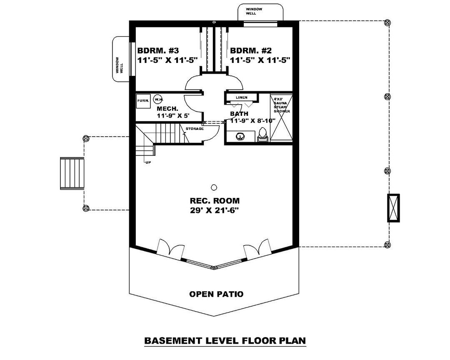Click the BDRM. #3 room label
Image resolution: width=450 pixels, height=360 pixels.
pos(158,51)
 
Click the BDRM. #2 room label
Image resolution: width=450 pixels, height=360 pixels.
pos(251,51)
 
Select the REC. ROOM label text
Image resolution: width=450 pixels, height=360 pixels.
pos(215,200)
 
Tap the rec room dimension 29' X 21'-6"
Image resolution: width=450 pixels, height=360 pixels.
pos(215,210)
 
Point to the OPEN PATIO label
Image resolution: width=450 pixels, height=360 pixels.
pos(216,294)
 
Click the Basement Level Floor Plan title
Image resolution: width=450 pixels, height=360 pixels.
pos(225,341)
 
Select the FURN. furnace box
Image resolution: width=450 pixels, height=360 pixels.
pos(143,100)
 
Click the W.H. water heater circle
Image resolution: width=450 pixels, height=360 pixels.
pos(157,100)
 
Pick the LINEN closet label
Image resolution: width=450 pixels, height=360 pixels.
pos(241,97)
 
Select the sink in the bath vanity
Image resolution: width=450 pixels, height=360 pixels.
pos(240,136)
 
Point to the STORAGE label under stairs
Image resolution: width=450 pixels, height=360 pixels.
pos(195,129)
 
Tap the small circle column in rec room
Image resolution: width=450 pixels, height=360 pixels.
pos(214,187)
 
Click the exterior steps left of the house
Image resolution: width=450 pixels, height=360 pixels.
pos(72,173)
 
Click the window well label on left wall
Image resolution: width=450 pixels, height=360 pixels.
pos(120,65)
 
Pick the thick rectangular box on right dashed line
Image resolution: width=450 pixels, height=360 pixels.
pos(392,208)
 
